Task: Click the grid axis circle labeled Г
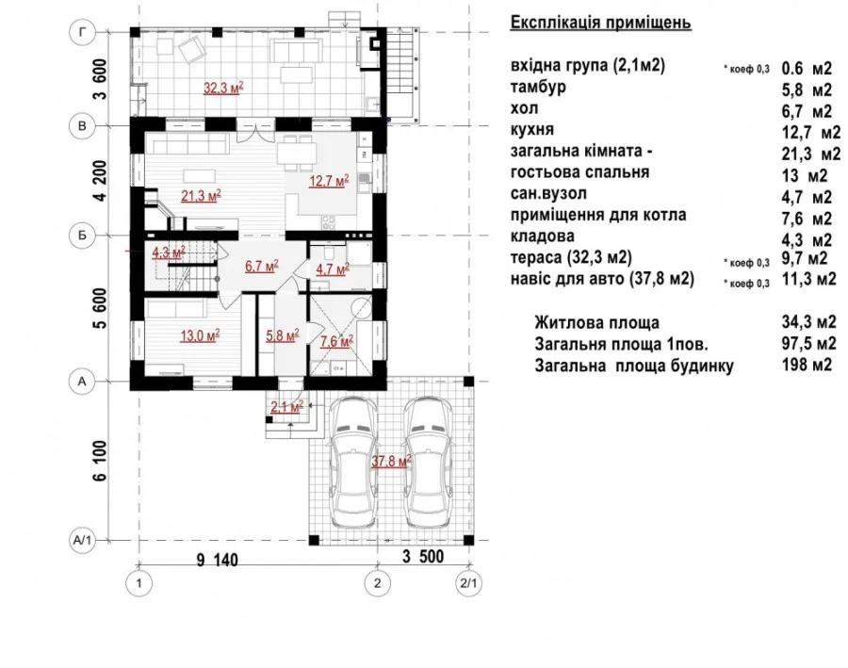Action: (x=82, y=32)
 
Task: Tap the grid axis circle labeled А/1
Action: (x=82, y=540)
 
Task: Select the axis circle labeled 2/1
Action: (x=468, y=583)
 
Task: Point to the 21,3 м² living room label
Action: (x=201, y=196)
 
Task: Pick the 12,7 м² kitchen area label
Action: (x=329, y=181)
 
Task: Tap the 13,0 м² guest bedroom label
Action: (x=200, y=336)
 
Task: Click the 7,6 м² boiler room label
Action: (x=337, y=341)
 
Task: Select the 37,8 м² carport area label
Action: (x=392, y=462)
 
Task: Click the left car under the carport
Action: (x=353, y=463)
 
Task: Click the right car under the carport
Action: (x=430, y=463)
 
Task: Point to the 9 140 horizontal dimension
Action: (x=217, y=560)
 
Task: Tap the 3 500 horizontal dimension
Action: (x=423, y=557)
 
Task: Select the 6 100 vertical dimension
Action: (x=100, y=461)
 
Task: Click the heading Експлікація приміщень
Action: (x=601, y=23)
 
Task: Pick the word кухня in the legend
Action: (x=532, y=130)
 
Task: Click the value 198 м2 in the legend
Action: (x=807, y=366)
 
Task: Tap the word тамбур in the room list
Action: (x=538, y=87)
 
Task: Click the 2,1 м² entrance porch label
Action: (x=286, y=407)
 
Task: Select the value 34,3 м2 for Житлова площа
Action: (x=809, y=322)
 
